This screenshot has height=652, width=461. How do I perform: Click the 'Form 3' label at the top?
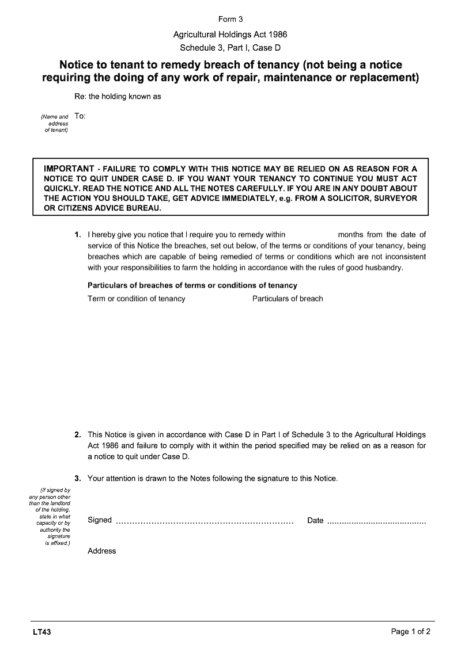[x=231, y=20]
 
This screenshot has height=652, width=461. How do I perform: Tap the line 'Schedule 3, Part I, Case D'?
[x=231, y=48]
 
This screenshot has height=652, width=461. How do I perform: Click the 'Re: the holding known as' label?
[x=118, y=96]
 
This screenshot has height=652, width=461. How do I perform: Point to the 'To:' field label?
[x=80, y=116]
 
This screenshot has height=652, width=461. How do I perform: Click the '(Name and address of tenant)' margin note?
[x=55, y=123]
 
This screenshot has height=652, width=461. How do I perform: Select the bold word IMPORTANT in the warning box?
[x=69, y=169]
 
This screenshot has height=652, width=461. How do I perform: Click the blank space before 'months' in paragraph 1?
[x=311, y=235]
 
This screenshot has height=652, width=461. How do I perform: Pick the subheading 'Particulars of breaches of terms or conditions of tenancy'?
[x=192, y=285]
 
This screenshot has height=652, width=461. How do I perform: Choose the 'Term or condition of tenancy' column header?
[x=137, y=299]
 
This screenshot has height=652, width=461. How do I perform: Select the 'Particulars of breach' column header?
[x=288, y=299]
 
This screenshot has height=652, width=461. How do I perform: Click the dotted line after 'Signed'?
[x=205, y=521]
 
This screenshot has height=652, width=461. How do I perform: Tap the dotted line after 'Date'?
[x=376, y=521]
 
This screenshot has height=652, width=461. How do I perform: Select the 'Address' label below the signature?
[x=102, y=551]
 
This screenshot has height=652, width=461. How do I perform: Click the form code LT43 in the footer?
[x=42, y=632]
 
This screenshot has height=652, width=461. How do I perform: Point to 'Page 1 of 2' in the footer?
[x=410, y=632]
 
